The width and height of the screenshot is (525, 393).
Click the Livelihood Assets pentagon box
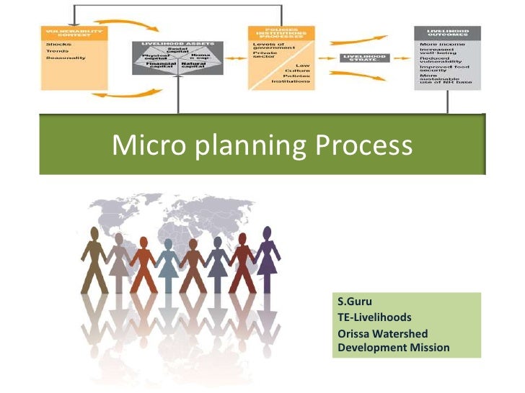pos(177,58)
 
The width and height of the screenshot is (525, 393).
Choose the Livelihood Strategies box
pos(365,58)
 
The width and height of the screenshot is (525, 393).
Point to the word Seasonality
pos(64,57)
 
